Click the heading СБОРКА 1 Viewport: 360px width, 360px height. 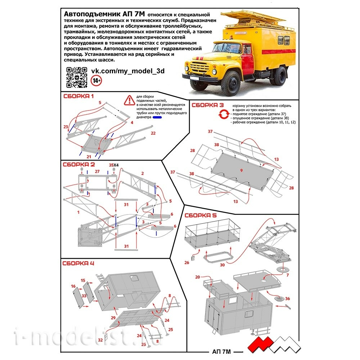[x=78, y=96]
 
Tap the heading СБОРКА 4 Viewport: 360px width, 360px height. [x=78, y=263]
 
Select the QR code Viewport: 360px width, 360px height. [x=77, y=77]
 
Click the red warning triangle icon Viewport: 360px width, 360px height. [x=128, y=100]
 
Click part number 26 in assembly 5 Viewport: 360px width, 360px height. [x=187, y=263]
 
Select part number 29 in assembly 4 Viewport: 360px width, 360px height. [x=113, y=318]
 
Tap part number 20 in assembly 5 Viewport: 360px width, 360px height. [x=197, y=277]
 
